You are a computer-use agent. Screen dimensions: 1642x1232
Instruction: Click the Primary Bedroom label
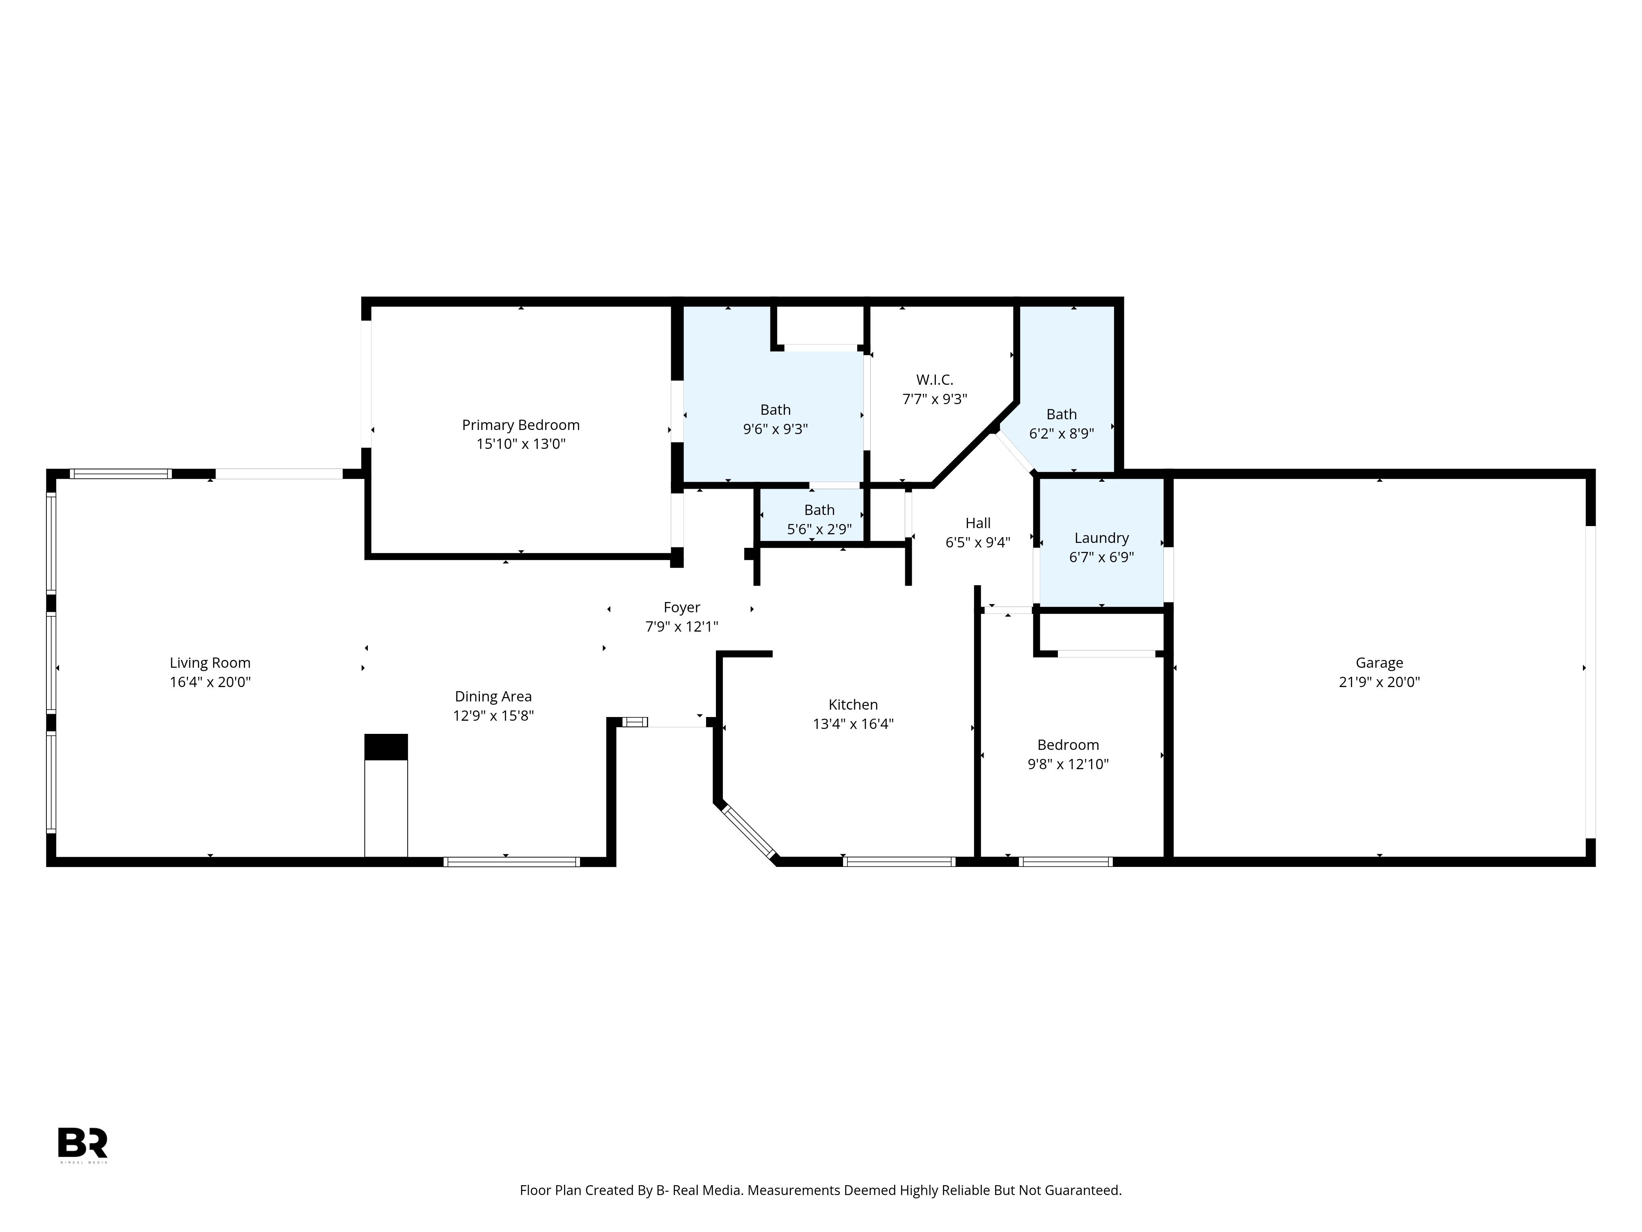(521, 425)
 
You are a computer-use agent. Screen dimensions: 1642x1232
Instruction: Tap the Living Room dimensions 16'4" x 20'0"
(210, 682)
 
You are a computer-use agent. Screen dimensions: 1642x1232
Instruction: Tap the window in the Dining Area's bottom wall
(511, 862)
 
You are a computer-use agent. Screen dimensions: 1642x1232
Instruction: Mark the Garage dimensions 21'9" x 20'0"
(1379, 682)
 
